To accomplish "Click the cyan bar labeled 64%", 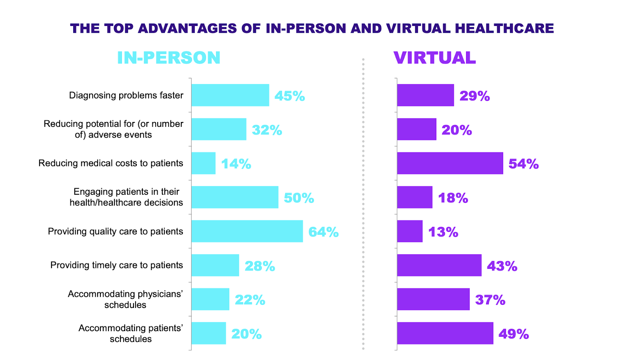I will [x=247, y=231].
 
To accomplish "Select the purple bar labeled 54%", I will [x=450, y=163].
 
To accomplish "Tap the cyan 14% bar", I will [x=203, y=163].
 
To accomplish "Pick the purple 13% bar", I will [x=410, y=231].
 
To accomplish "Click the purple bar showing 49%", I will [x=445, y=333].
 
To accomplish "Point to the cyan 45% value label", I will [x=290, y=96].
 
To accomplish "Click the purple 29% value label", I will [x=474, y=96].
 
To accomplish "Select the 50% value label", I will [x=299, y=198].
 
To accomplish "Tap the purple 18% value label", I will [x=453, y=198].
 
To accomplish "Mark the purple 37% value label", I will [x=490, y=300].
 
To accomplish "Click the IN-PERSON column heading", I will [x=168, y=58].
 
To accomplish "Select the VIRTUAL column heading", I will [x=434, y=58].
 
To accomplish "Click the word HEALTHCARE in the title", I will [x=504, y=28].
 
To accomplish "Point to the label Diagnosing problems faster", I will [x=126, y=95].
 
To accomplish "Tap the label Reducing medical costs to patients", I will [x=111, y=163].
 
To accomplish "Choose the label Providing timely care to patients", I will [x=116, y=265].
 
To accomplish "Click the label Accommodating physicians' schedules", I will [x=125, y=299].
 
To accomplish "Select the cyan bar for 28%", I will [x=215, y=265].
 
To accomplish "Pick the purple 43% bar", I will [x=439, y=265].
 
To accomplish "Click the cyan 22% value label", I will [x=250, y=300].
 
